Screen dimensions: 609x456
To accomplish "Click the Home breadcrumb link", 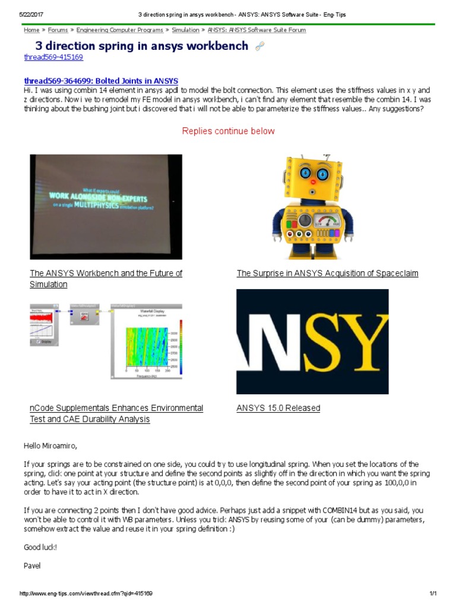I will click(x=31, y=30).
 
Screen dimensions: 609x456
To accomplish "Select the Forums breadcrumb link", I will click(x=58, y=30).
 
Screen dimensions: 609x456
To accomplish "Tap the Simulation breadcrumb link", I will click(x=185, y=30).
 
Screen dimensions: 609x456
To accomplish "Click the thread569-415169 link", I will click(x=53, y=57).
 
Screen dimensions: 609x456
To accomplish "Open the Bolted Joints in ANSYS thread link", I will click(x=101, y=81).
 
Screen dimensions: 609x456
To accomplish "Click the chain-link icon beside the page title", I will click(x=259, y=46).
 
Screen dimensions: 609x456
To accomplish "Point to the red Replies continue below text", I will click(x=228, y=131).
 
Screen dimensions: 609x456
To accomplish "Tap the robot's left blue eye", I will click(x=305, y=174).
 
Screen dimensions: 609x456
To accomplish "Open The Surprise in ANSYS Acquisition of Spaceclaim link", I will click(x=327, y=274).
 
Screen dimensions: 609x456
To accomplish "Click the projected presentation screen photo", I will click(x=106, y=206).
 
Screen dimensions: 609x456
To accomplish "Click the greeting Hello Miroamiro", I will click(x=50, y=445).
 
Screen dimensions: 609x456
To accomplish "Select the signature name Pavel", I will click(x=32, y=566).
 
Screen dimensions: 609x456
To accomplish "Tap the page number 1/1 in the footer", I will click(x=432, y=594).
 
